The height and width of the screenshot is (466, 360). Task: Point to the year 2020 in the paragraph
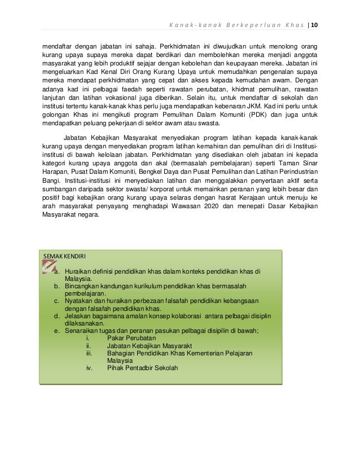pyautogui.click(x=202, y=206)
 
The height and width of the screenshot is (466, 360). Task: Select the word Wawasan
pyautogui.click(x=174, y=206)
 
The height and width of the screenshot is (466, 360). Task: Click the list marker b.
pyautogui.click(x=56, y=286)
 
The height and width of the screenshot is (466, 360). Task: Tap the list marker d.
pyautogui.click(x=56, y=316)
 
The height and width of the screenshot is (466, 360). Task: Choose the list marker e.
pyautogui.click(x=56, y=331)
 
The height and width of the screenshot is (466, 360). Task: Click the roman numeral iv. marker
pyautogui.click(x=89, y=368)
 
